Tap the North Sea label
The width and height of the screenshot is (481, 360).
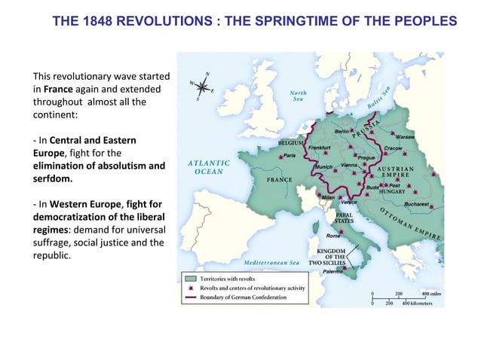click(299, 95)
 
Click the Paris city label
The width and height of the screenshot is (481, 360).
click(289, 156)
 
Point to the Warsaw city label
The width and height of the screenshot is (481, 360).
click(406, 138)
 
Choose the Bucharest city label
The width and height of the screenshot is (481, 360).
click(415, 204)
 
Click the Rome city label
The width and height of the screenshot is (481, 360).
click(332, 236)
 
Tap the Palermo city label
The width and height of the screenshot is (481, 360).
click(333, 270)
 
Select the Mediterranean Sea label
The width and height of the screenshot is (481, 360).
click(272, 262)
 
